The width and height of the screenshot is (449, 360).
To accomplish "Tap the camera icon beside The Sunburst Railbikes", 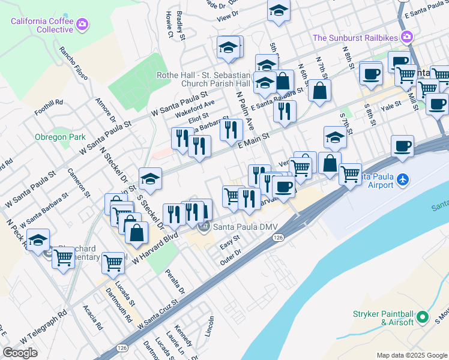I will pyautogui.click(x=408, y=37).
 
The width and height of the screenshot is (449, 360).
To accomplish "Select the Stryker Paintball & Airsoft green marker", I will pyautogui.click(x=422, y=316).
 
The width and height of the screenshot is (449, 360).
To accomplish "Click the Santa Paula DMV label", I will pyautogui.click(x=239, y=226).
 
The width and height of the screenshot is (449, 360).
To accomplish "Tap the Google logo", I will pyautogui.click(x=20, y=352).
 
